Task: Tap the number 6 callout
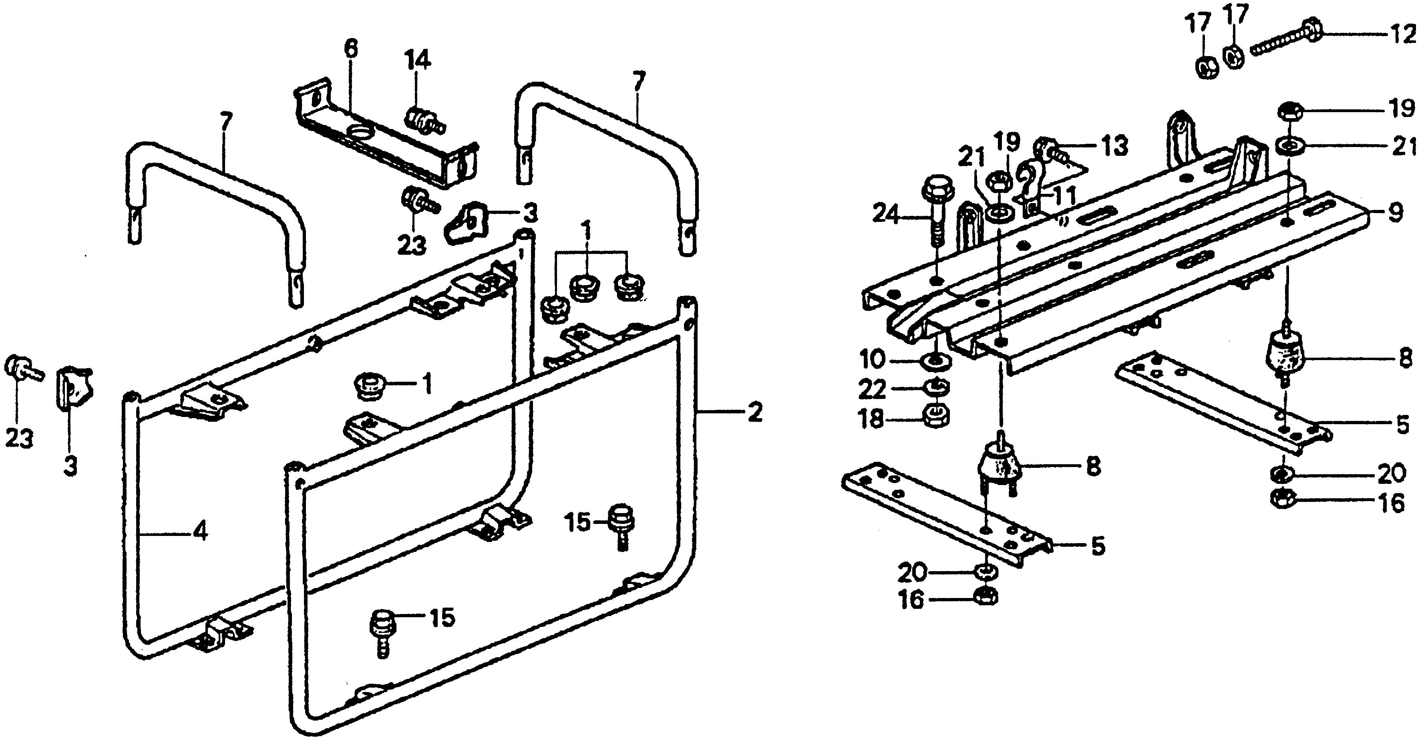tap(350, 49)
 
